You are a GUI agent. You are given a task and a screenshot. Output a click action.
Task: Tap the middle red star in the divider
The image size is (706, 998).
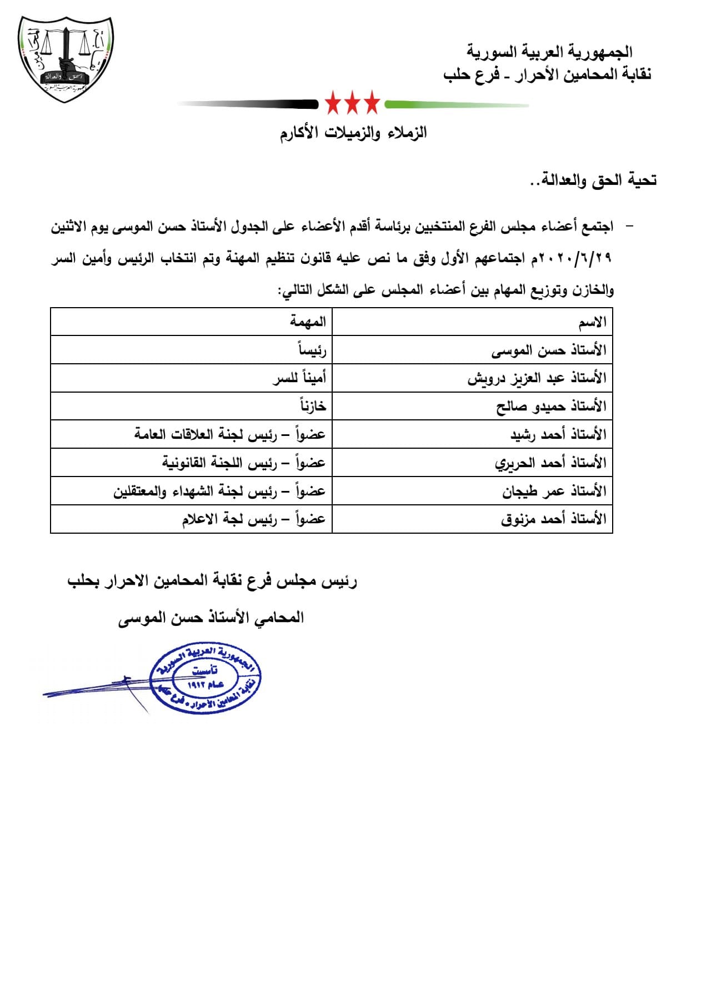(x=352, y=103)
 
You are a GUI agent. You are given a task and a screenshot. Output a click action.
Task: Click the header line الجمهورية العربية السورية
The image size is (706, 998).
(x=550, y=52)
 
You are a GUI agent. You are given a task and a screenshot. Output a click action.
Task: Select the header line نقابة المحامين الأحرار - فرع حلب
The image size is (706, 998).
(x=547, y=74)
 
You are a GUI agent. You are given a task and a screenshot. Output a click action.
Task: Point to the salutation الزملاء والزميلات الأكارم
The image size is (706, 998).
(x=353, y=133)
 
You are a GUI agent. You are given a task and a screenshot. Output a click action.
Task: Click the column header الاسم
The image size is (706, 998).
(x=592, y=323)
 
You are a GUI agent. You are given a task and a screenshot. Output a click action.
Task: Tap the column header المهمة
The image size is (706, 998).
(x=308, y=322)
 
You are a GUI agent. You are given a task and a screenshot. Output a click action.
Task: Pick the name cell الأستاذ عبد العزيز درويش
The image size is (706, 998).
(x=537, y=379)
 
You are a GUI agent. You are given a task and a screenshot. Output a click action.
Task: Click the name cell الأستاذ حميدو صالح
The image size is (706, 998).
(x=551, y=407)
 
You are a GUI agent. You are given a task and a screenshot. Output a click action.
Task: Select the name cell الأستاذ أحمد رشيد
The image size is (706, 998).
(x=558, y=435)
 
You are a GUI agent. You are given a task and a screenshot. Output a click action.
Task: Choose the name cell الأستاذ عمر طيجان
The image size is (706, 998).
(x=554, y=492)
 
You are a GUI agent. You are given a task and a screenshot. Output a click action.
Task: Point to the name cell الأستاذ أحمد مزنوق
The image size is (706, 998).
(x=554, y=519)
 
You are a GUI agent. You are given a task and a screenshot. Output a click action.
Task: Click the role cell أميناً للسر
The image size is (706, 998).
(x=299, y=379)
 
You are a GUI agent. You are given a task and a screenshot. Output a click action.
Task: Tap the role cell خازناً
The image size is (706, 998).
(x=313, y=407)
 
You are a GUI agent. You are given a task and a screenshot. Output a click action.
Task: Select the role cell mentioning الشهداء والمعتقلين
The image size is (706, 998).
(x=219, y=492)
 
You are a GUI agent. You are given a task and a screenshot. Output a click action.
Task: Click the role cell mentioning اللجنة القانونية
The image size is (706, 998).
(x=244, y=463)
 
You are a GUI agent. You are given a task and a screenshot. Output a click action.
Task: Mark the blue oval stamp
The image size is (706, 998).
(x=206, y=679)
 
